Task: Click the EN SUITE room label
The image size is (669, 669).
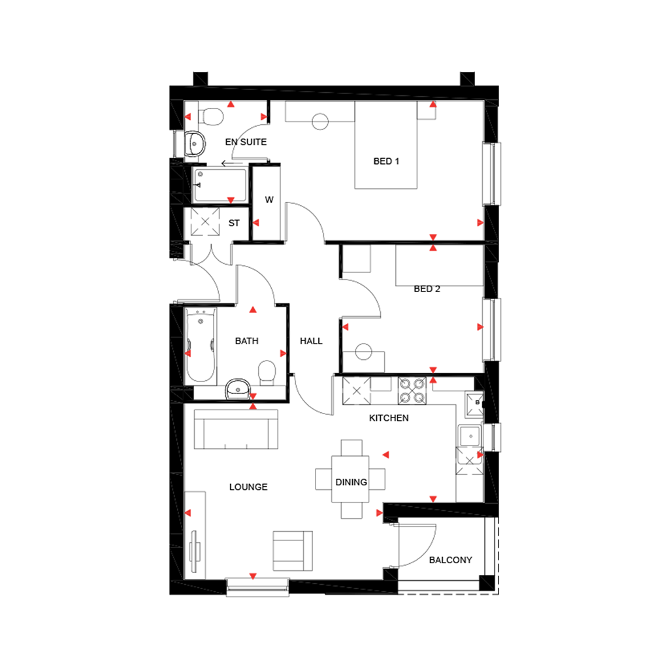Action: point(246,142)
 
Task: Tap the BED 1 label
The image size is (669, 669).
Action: point(386,161)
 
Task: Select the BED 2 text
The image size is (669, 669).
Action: point(427,289)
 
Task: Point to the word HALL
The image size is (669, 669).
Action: point(311,341)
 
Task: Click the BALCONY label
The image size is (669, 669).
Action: point(450,561)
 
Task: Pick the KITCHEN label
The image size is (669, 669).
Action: point(389,418)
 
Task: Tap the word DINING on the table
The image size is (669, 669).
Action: point(351,482)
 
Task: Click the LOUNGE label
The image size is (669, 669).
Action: point(248,487)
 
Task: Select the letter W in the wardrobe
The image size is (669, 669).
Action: point(269,200)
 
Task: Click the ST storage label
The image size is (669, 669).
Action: point(234,223)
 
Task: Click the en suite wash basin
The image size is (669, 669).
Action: point(194,142)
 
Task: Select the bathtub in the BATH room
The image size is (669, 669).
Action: point(200,346)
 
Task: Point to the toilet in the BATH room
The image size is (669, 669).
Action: point(267,372)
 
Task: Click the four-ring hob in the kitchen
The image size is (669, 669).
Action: point(413,390)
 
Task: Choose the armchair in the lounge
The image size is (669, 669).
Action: point(293,549)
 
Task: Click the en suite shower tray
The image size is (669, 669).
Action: point(220,185)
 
